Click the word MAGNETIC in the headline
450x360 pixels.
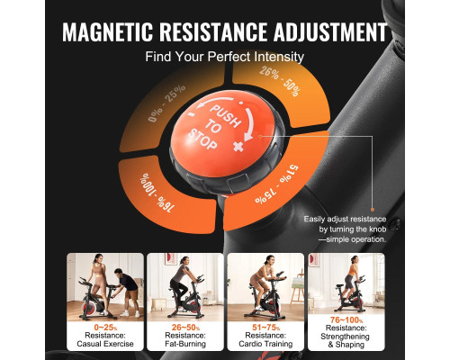pyautogui.click(x=107, y=31)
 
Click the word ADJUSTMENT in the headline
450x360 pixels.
pyautogui.click(x=330, y=31)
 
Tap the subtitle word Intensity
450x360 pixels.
pyautogui.click(x=279, y=57)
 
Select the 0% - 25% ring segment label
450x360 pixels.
pyautogui.click(x=166, y=103)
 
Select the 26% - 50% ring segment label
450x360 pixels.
pyautogui.click(x=280, y=81)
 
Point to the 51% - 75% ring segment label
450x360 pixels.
pyautogui.click(x=277, y=184)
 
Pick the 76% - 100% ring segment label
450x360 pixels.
pyautogui.click(x=157, y=193)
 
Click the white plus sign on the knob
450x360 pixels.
pyautogui.click(x=238, y=147)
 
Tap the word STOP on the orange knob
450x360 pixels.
pyautogui.click(x=202, y=139)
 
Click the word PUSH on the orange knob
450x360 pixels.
pyautogui.click(x=225, y=115)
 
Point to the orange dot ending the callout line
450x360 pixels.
pyautogui.click(x=373, y=210)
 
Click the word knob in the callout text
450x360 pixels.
pyautogui.click(x=377, y=229)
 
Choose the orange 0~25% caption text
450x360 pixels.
pyautogui.click(x=105, y=328)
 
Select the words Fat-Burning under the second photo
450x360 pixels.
pyautogui.click(x=185, y=344)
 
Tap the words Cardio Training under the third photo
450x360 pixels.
pyautogui.click(x=265, y=344)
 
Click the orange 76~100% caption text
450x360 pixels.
pyautogui.click(x=346, y=320)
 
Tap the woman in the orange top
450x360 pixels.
pyautogui.click(x=350, y=280)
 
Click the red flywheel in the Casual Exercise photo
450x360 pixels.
pyautogui.click(x=90, y=307)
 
